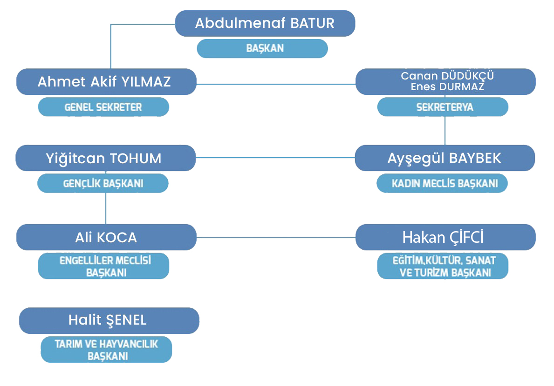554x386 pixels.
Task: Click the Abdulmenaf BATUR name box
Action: (265, 23)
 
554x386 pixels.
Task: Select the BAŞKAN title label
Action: (262, 48)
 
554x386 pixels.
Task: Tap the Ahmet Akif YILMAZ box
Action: (106, 82)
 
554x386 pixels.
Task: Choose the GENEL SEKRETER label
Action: (103, 107)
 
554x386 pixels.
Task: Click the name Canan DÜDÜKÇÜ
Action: (447, 76)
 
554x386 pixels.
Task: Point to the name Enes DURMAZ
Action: (447, 87)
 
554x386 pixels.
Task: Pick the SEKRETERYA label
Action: (443, 107)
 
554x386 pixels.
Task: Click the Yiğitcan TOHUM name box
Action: (106, 158)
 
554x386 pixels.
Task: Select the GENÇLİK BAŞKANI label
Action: (103, 183)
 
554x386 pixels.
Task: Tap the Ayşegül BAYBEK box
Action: (445, 158)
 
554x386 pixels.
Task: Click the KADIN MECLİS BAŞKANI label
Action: (442, 183)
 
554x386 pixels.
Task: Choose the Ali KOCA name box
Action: (106, 237)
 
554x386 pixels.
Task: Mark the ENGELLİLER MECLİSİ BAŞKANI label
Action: (103, 266)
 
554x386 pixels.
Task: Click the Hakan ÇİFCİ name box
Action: (445, 237)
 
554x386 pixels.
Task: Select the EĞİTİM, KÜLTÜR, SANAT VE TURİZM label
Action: (443, 266)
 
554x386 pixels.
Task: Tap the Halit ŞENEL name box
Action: (109, 321)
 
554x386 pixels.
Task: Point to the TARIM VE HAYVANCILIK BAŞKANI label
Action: (106, 350)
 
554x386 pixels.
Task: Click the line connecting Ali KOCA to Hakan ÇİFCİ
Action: (276, 237)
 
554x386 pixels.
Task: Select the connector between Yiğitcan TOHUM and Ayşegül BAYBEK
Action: (275, 158)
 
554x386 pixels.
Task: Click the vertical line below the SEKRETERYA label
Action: (445, 130)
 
